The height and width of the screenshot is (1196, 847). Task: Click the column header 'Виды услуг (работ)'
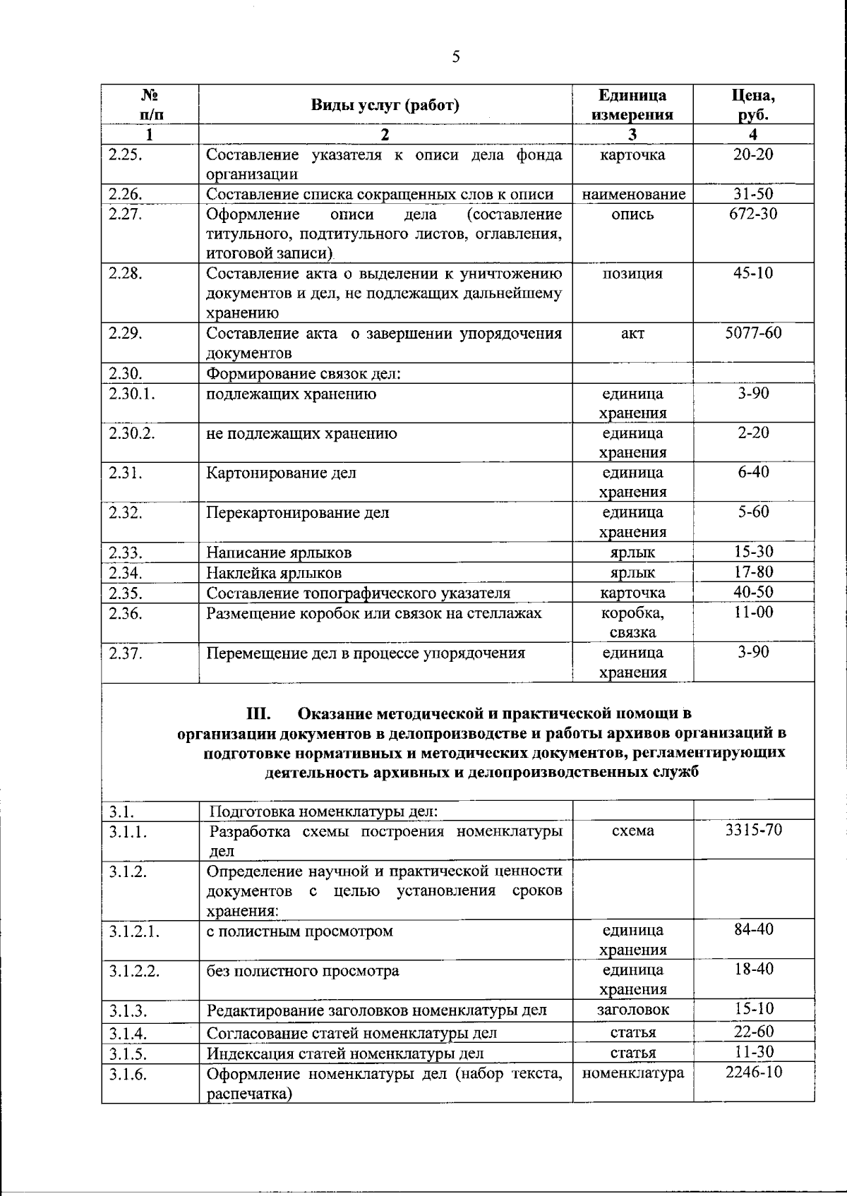pyautogui.click(x=385, y=105)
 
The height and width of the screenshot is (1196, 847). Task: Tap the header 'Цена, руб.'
pyautogui.click(x=753, y=104)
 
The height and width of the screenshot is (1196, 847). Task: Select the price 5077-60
pyautogui.click(x=753, y=332)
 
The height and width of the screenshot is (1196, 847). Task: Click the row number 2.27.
pyautogui.click(x=125, y=215)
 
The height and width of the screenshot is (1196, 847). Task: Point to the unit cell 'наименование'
pyautogui.click(x=633, y=194)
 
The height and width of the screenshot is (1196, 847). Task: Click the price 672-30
pyautogui.click(x=753, y=214)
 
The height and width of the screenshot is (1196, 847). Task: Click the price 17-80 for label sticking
pyautogui.click(x=753, y=572)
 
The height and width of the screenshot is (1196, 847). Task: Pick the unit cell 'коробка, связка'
pyautogui.click(x=632, y=622)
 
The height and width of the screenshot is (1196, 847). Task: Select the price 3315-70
pyautogui.click(x=753, y=830)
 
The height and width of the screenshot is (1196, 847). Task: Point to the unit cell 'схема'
pyautogui.click(x=632, y=831)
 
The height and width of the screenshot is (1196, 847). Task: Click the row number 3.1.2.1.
pyautogui.click(x=134, y=931)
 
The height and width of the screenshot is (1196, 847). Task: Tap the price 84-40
pyautogui.click(x=753, y=930)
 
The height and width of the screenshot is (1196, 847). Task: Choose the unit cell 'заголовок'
pyautogui.click(x=632, y=1010)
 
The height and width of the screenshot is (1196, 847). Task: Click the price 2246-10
pyautogui.click(x=753, y=1073)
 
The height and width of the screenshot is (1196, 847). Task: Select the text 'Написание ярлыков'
pyautogui.click(x=279, y=552)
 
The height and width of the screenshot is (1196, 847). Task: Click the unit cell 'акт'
pyautogui.click(x=632, y=333)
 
